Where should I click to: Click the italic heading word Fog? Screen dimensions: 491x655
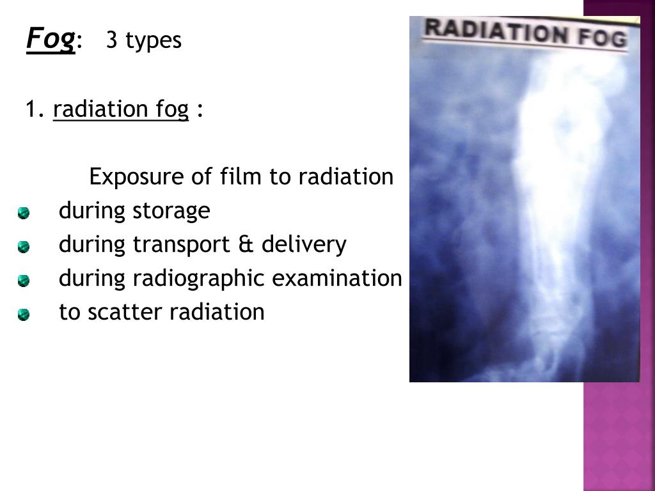49,40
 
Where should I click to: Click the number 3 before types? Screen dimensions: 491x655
112,40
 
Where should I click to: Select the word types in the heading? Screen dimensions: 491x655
154,42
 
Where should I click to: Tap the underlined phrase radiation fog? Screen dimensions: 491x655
121,110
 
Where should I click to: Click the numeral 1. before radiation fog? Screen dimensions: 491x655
35,110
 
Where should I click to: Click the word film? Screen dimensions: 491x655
242,176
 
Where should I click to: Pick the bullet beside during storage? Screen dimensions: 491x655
24,212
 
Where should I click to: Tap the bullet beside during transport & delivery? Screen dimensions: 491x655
24,246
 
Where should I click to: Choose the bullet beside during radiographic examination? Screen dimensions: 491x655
24,280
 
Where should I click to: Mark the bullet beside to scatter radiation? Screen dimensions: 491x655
24,314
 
